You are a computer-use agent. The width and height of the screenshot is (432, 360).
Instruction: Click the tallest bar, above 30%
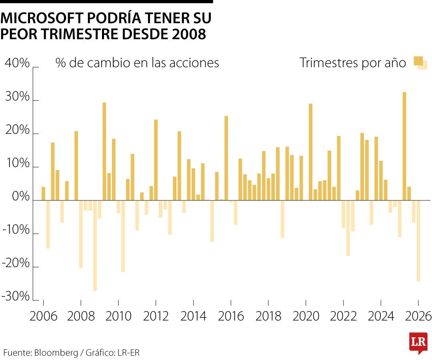[x=404, y=146]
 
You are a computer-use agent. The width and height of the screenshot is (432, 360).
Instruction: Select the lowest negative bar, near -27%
[x=95, y=246]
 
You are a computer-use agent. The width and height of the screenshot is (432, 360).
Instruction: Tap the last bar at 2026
[x=418, y=241]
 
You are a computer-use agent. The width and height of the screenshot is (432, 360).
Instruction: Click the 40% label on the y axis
[x=17, y=63]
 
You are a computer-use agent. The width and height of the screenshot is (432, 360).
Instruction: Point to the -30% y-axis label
[x=17, y=297]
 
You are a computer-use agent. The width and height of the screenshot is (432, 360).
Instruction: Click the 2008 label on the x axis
[x=81, y=316]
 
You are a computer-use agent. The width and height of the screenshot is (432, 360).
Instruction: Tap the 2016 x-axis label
[x=231, y=316]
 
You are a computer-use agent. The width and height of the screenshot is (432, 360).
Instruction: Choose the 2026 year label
[x=418, y=316]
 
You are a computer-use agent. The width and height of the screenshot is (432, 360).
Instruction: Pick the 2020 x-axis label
[x=306, y=316]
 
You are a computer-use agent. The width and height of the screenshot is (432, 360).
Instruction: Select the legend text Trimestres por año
[x=353, y=63]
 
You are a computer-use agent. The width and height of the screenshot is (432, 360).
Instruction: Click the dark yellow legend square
[x=418, y=61]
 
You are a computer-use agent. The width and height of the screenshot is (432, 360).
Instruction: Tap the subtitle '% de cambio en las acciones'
[x=137, y=63]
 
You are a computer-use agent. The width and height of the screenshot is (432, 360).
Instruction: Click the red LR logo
[x=418, y=342]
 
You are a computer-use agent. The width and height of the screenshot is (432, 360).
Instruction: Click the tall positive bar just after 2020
[x=311, y=152]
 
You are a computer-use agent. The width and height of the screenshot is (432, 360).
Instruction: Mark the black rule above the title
[x=106, y=2]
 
